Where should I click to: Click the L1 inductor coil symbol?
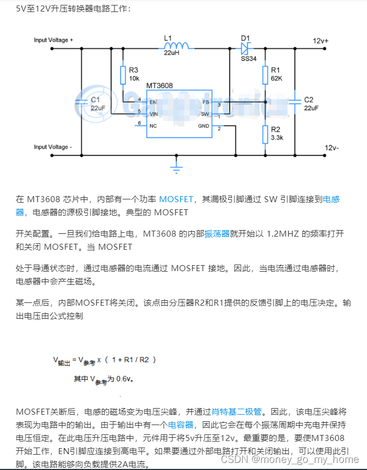(177, 45)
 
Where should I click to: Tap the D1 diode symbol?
(246, 45)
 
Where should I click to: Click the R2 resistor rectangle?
(265, 134)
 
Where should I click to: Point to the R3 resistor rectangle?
(123, 75)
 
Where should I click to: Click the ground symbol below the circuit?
(176, 168)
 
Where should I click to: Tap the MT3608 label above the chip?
(160, 86)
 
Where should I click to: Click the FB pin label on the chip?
(205, 102)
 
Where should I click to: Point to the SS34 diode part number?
(248, 58)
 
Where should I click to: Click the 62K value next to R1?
(277, 78)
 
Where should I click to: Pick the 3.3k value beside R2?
(277, 137)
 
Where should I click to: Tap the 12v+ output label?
(321, 41)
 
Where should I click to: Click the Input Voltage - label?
(53, 147)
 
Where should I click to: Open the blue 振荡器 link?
(216, 233)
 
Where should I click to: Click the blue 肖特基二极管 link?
(237, 411)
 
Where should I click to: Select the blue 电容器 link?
(181, 424)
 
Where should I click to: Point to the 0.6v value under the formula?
(125, 378)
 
